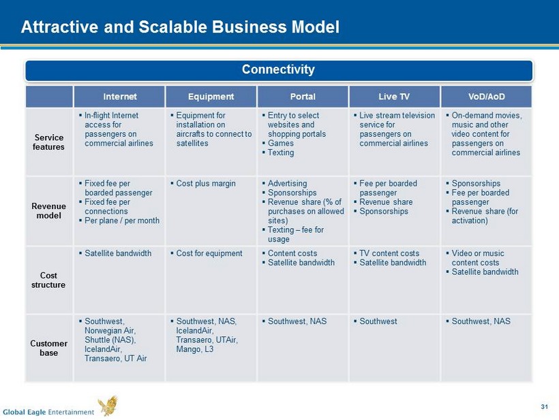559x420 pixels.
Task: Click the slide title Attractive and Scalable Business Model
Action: click(x=180, y=27)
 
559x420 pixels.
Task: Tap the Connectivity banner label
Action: click(x=278, y=69)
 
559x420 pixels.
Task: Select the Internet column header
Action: click(x=120, y=97)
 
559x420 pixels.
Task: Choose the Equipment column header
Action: click(x=211, y=97)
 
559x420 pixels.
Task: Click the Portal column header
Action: click(x=303, y=97)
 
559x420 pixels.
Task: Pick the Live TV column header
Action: click(x=394, y=97)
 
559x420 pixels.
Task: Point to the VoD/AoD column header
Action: click(x=487, y=97)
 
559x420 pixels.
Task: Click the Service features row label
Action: click(x=49, y=142)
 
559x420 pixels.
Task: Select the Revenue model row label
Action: click(x=49, y=211)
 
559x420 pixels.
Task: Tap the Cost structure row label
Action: click(x=48, y=280)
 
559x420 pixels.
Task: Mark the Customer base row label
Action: click(x=49, y=348)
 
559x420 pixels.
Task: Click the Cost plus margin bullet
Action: click(x=203, y=184)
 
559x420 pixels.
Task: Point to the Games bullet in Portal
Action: click(x=278, y=143)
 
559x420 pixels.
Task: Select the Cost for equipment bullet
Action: click(x=207, y=253)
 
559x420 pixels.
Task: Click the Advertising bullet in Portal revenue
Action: click(x=284, y=183)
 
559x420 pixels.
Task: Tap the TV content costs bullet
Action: click(x=387, y=253)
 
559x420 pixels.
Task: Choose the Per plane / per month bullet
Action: click(x=119, y=221)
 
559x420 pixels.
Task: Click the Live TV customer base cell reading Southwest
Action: click(x=376, y=321)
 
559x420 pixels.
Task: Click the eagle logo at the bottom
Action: click(x=108, y=406)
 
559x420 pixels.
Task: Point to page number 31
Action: click(x=544, y=407)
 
